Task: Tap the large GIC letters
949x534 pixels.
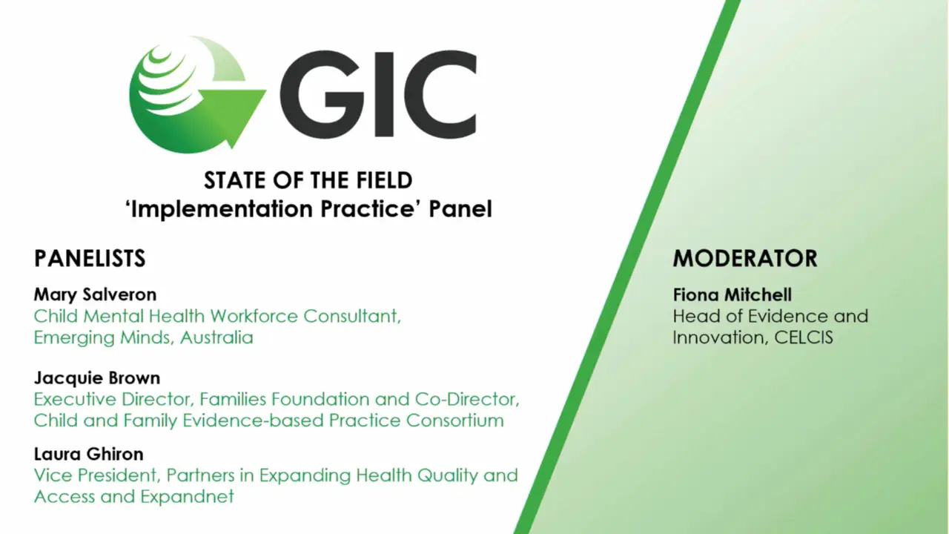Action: [378, 94]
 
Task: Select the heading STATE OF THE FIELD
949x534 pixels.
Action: [308, 180]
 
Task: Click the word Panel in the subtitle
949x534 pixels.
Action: [460, 209]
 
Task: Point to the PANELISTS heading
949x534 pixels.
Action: [90, 258]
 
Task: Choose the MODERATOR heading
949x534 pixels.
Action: [745, 258]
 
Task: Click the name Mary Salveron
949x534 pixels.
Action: [96, 294]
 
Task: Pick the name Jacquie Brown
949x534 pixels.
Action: [97, 378]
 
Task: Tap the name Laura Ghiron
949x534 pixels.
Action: [88, 454]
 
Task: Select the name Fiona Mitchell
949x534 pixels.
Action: [732, 294]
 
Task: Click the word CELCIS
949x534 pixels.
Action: [803, 337]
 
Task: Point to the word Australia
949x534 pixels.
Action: [216, 337]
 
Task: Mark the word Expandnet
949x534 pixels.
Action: [188, 497]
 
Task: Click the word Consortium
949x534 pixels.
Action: [455, 421]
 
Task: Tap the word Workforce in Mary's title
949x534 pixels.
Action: [254, 316]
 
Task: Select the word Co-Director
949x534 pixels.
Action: [467, 399]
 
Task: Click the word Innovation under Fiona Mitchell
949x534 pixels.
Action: [720, 337]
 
